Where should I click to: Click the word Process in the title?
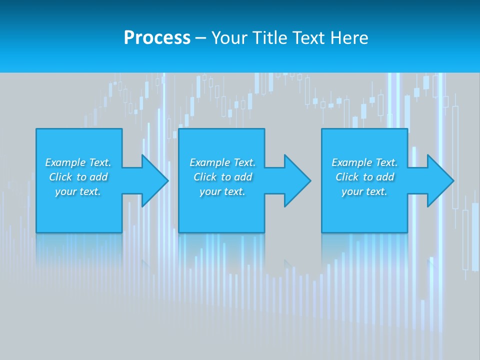click(x=157, y=38)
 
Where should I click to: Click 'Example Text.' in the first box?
click(x=78, y=162)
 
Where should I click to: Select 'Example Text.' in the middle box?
click(x=222, y=162)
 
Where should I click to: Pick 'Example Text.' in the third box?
click(x=364, y=162)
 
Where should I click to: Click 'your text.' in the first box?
click(x=78, y=191)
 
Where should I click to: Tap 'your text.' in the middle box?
click(x=222, y=191)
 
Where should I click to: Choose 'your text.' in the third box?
click(x=364, y=191)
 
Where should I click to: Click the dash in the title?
click(x=200, y=38)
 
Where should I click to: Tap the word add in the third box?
click(x=385, y=177)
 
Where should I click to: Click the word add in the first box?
click(x=99, y=177)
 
